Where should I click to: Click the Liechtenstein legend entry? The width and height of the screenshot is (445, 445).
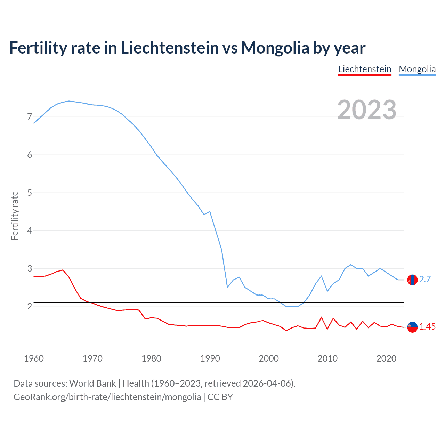click(365, 69)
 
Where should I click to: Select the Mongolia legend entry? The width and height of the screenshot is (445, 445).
click(417, 69)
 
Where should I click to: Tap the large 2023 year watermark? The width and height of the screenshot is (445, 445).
click(367, 110)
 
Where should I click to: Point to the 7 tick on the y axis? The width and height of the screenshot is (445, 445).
click(30, 117)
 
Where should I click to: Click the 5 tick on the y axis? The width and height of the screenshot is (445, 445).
click(30, 193)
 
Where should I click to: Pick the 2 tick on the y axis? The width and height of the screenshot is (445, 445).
click(30, 306)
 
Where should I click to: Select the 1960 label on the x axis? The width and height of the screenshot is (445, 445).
click(34, 358)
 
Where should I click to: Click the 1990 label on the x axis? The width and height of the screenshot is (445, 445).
click(210, 358)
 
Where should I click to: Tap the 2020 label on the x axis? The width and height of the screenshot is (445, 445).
click(386, 358)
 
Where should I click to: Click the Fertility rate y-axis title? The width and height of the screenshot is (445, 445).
click(15, 216)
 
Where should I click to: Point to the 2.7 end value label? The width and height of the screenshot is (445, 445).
click(425, 279)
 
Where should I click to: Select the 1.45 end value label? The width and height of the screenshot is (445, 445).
click(427, 327)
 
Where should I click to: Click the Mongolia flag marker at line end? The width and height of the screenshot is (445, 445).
click(412, 280)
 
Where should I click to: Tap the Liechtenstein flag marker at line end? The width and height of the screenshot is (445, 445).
click(412, 327)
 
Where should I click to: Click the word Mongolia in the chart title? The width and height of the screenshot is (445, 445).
click(275, 48)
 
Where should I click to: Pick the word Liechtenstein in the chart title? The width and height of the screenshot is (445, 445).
click(170, 48)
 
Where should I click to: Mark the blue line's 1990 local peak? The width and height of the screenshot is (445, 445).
click(210, 211)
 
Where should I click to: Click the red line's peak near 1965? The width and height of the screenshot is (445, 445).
click(63, 270)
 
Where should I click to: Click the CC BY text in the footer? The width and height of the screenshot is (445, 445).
click(220, 397)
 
